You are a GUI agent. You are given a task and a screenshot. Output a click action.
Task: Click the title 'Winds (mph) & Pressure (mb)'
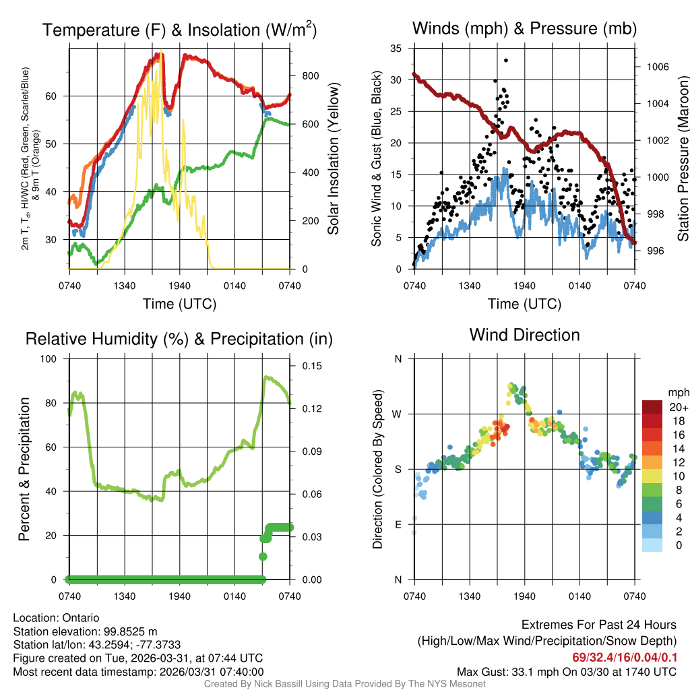tap(524, 29)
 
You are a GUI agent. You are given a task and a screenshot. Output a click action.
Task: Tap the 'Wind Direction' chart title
tap(524, 335)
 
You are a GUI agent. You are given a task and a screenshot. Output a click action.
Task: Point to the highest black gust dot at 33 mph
tap(505, 60)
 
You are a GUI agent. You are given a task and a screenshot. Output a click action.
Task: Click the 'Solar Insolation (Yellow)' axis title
tap(333, 158)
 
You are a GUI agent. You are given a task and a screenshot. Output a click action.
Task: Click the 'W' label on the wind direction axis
tap(397, 414)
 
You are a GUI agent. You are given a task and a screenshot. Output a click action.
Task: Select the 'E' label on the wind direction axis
tap(398, 524)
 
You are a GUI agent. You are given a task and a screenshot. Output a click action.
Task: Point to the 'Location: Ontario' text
tap(56, 617)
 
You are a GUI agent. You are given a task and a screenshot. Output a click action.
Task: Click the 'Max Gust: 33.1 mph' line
tap(567, 671)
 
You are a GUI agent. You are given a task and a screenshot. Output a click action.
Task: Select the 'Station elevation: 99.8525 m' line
tap(85, 631)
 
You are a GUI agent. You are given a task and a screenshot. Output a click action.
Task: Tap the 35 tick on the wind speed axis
tap(396, 48)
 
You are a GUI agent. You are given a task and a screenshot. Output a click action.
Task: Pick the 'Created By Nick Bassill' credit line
tap(345, 684)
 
